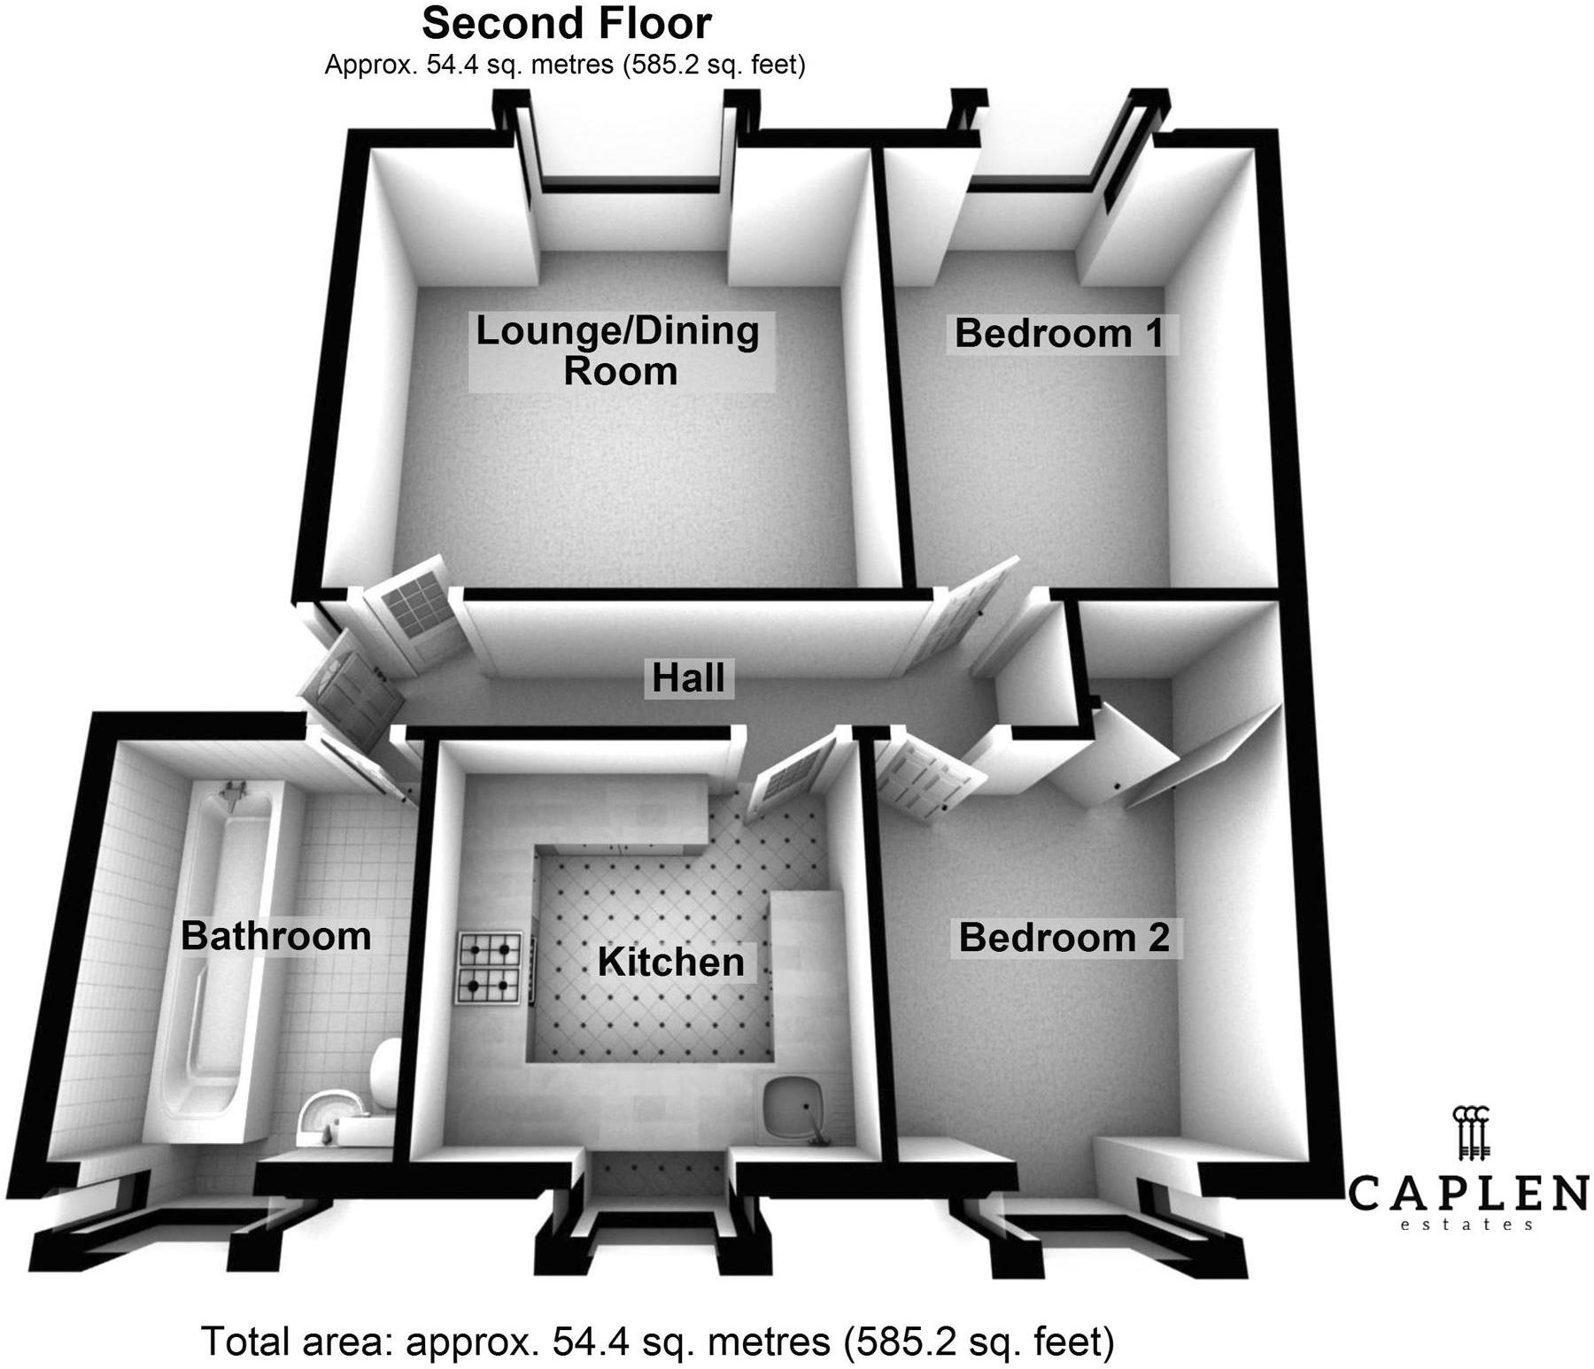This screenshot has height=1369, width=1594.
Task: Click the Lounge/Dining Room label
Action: click(618, 351)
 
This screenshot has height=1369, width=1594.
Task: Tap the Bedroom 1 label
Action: click(1059, 334)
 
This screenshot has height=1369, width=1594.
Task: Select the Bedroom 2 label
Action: click(1064, 938)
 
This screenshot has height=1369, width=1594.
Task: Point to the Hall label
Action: click(688, 678)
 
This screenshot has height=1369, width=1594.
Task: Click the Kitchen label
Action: click(670, 963)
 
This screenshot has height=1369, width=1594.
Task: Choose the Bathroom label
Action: click(275, 936)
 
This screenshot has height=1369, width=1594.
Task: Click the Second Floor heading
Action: click(567, 24)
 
